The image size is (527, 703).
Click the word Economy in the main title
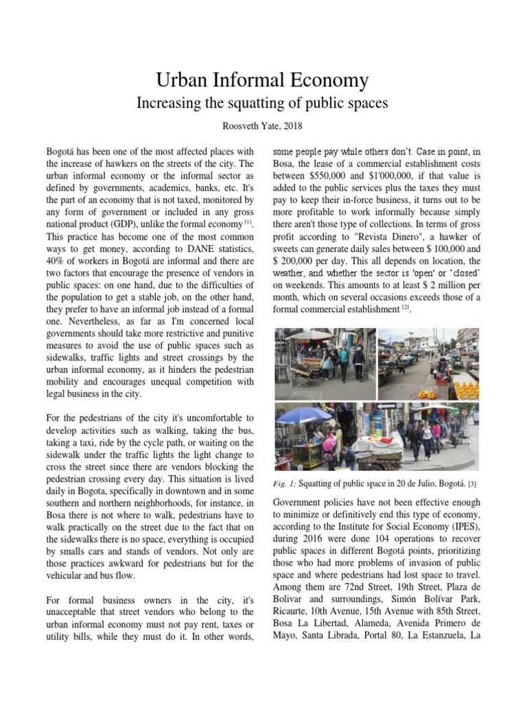324,80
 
